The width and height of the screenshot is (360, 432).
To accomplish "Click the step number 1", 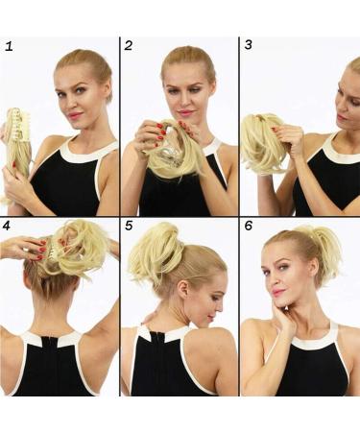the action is coord(9,47).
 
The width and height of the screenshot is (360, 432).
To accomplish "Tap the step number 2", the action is coord(129,46).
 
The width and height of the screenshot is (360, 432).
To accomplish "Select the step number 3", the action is coord(248,45).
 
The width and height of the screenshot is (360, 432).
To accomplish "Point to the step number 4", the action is coord(7,226).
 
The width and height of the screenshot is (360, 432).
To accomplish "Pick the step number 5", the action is coord(129,226).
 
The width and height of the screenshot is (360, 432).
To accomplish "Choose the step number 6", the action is coord(249,226).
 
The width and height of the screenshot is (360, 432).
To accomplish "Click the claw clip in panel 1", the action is coord(18,125).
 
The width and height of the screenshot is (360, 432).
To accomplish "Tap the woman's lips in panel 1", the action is coord(75,114).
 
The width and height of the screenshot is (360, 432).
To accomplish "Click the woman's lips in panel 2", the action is coord(183,112).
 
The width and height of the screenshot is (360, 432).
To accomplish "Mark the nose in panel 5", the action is coord(220,307).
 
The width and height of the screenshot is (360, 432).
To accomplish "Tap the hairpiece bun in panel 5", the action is coord(156,256).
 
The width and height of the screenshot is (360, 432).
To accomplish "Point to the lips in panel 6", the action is coord(277,292).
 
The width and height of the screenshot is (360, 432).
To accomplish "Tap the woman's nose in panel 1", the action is coord(73,103).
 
